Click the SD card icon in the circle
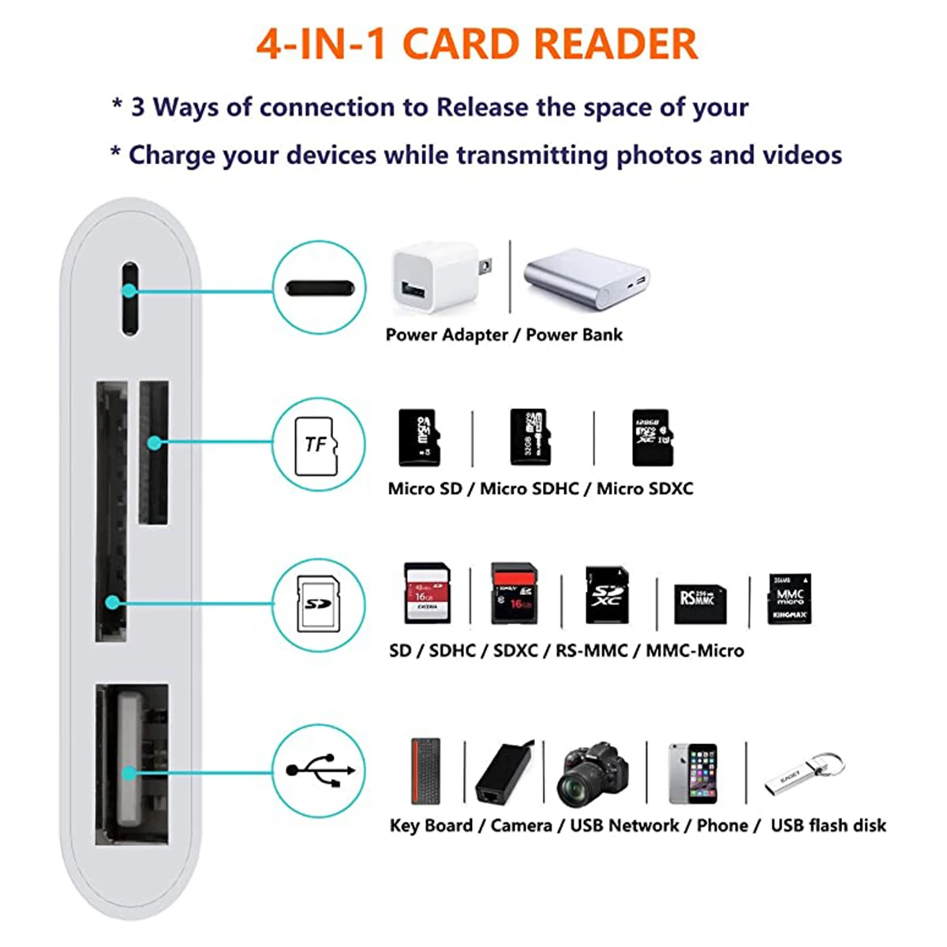click(317, 605)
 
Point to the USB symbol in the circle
click(320, 770)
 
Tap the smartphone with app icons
click(693, 773)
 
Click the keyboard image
click(426, 772)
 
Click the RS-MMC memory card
click(698, 602)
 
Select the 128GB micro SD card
click(652, 437)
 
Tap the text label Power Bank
click(574, 335)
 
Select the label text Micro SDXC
click(645, 488)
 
